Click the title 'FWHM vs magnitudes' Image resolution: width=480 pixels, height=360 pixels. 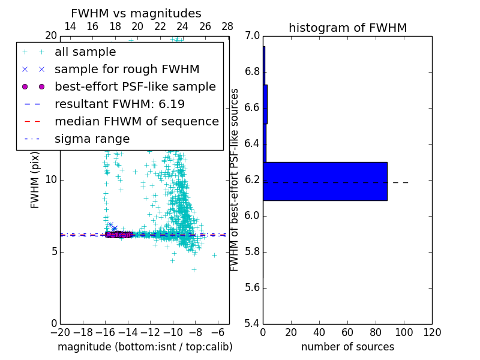136,14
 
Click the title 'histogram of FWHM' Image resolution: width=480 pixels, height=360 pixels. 347,28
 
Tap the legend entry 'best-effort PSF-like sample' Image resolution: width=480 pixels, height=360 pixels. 135,86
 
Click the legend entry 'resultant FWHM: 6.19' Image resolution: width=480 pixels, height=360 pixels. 119,104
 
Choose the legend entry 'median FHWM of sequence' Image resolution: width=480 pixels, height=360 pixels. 136,121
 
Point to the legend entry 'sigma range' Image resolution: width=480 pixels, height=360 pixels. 92,139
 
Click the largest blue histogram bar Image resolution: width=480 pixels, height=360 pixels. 325,181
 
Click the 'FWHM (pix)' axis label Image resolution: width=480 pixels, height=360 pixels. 35,180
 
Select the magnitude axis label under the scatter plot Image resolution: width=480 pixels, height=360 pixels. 145,347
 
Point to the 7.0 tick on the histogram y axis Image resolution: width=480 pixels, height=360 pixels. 252,36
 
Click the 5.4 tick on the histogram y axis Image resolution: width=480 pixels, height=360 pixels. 252,323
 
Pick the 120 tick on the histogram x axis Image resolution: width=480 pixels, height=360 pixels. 432,332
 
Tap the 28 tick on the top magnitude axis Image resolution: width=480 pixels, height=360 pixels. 227,26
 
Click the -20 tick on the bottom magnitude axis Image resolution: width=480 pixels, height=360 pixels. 60,332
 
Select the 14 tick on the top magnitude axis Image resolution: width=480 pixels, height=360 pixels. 70,26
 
